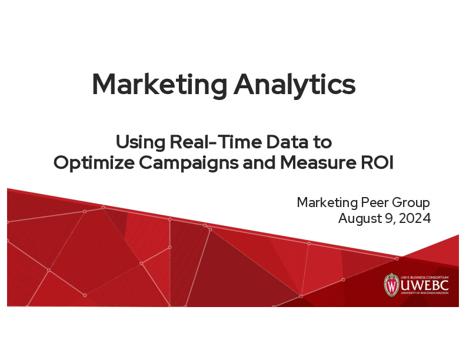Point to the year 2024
(415, 219)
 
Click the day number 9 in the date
(388, 219)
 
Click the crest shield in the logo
(391, 285)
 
